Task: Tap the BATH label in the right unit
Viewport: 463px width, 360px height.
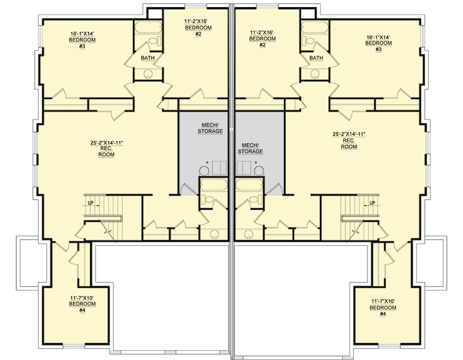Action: [316, 58]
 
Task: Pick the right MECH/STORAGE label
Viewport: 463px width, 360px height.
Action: [251, 147]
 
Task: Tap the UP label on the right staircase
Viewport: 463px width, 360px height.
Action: [372, 203]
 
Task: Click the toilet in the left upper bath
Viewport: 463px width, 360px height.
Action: [153, 41]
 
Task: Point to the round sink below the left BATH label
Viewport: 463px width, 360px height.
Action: [149, 74]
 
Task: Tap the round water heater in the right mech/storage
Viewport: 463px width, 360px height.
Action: [259, 170]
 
